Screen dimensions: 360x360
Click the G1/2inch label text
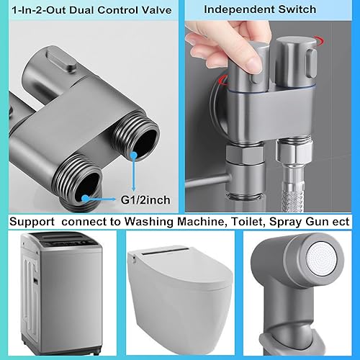pos(145,200)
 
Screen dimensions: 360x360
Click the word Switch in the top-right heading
pos(297,9)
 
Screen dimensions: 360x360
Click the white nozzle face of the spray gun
pos(323,261)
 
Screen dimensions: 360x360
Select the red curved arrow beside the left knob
pos(222,80)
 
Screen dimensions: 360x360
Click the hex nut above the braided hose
pos(295,152)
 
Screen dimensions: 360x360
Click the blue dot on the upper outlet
pos(134,156)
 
